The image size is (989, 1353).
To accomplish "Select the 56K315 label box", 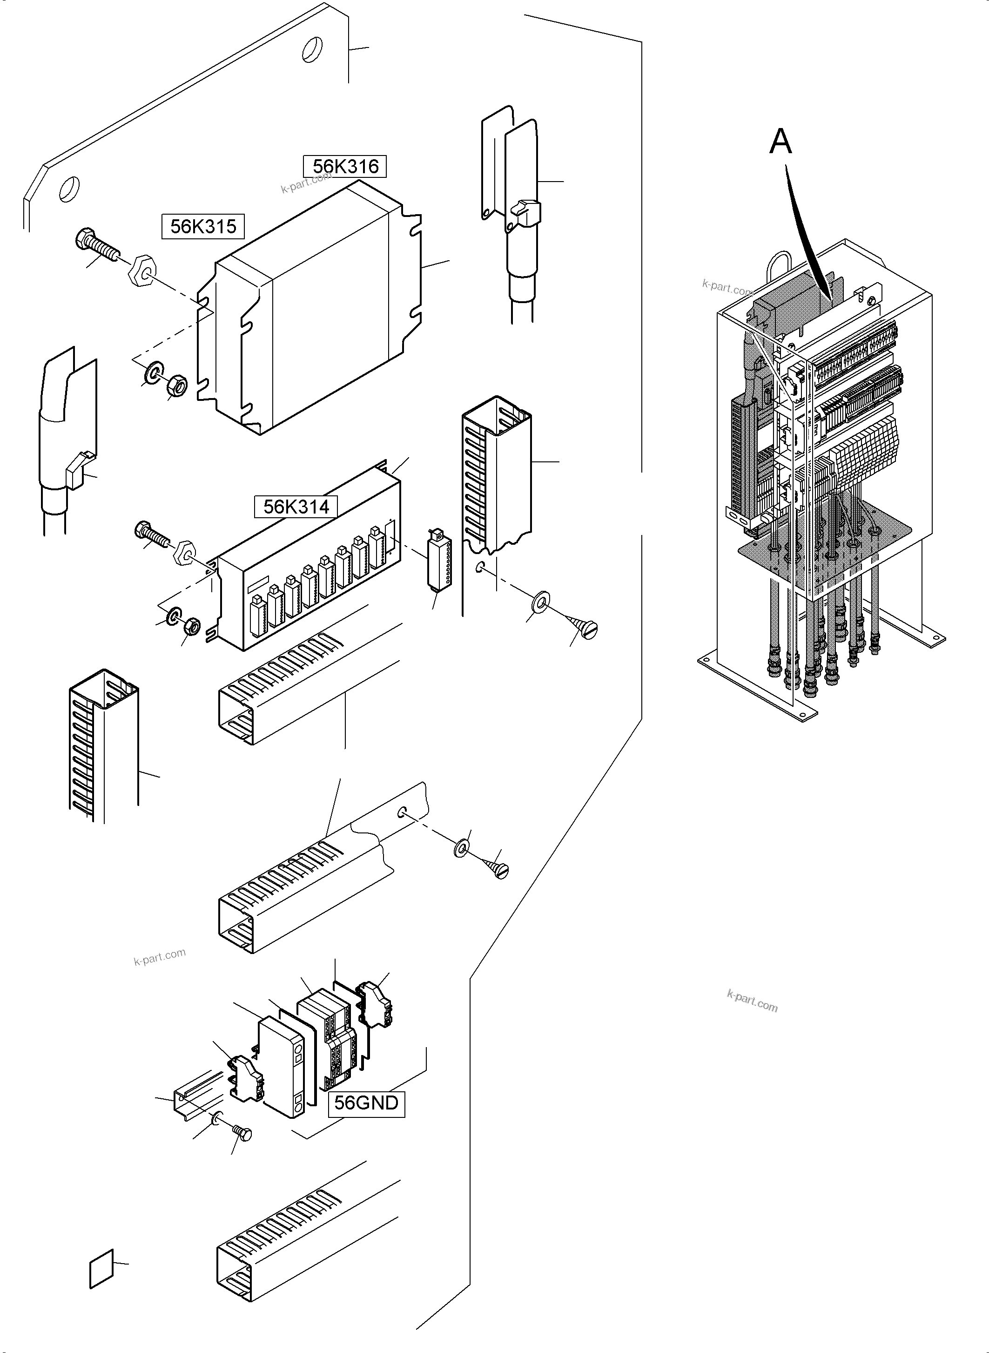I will point(203,226).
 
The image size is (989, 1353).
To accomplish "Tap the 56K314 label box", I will point(296,507).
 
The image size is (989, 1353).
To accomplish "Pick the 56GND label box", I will point(366,1103).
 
